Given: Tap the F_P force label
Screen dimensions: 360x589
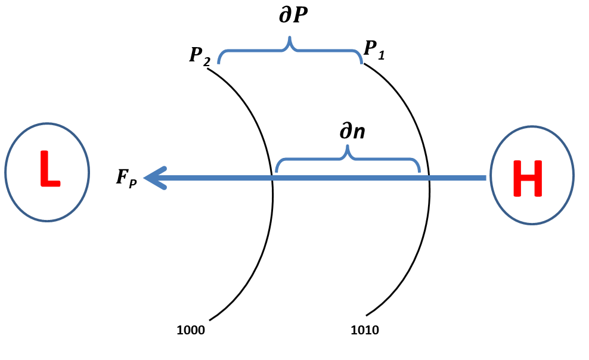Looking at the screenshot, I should point(126,178).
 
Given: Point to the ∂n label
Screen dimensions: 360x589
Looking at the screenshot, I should point(352,132).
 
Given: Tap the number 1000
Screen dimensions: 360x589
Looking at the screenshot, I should point(191,330).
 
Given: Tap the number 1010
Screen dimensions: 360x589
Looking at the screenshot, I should point(365,330).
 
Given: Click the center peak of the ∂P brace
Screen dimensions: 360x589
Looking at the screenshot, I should point(290,41).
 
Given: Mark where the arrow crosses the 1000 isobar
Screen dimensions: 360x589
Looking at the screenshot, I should point(273,178).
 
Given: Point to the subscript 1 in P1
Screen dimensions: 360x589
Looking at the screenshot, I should point(382,55).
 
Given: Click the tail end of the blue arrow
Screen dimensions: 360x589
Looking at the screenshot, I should point(485,178).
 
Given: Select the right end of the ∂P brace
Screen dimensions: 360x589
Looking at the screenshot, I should point(362,62).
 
